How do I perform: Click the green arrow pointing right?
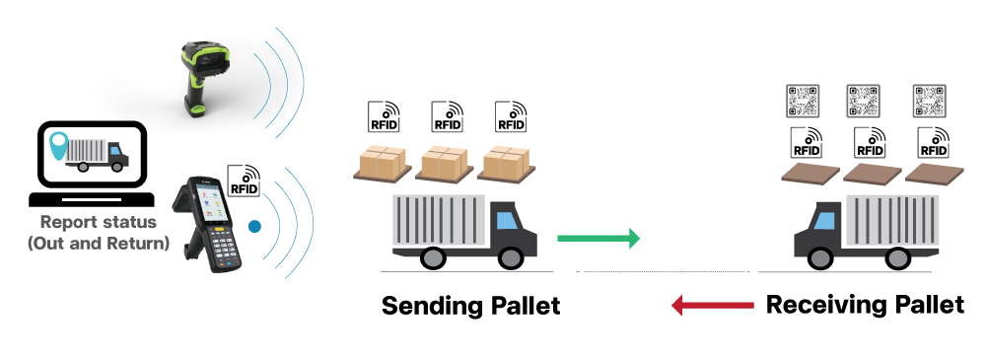point(598,239)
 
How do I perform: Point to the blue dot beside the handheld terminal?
point(253,226)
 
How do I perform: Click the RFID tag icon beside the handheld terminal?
point(244,180)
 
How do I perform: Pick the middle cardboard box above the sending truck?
point(445,161)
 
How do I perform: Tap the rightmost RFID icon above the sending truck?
point(510,116)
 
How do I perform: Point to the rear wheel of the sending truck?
point(432,258)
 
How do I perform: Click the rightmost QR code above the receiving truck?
point(930,100)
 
